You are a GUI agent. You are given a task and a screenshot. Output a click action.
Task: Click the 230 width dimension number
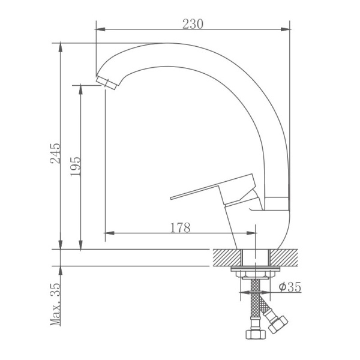(x=193, y=23)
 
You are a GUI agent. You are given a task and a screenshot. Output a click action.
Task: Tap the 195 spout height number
(x=76, y=166)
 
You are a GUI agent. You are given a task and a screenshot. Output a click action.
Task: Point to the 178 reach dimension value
(x=180, y=227)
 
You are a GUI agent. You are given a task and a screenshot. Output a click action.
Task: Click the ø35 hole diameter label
(x=289, y=287)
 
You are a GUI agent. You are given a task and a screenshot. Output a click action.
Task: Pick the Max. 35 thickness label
(x=56, y=304)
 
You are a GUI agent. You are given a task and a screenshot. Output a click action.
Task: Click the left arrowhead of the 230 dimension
(x=100, y=28)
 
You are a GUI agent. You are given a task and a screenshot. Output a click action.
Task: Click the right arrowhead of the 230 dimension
(x=286, y=28)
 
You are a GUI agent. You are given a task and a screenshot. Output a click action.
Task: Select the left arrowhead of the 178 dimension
(x=109, y=233)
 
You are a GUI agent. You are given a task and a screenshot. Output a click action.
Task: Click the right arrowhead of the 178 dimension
(x=254, y=233)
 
